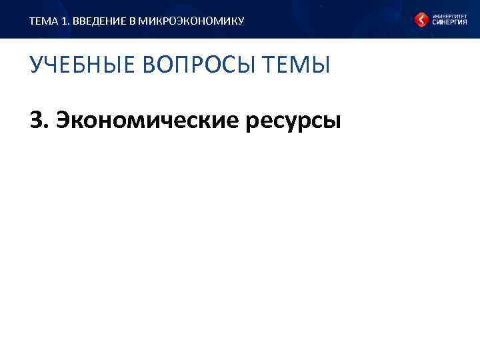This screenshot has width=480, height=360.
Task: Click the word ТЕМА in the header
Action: [x=41, y=21]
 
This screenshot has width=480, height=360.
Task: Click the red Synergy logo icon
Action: [x=421, y=20]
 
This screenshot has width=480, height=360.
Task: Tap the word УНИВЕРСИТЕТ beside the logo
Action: [x=449, y=15]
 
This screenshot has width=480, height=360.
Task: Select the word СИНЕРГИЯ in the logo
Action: [x=449, y=23]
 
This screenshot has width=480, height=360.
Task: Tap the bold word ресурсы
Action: [x=293, y=121]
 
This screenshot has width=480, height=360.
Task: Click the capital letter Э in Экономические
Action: [x=64, y=121]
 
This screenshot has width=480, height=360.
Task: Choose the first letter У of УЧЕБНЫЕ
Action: [x=36, y=67]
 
